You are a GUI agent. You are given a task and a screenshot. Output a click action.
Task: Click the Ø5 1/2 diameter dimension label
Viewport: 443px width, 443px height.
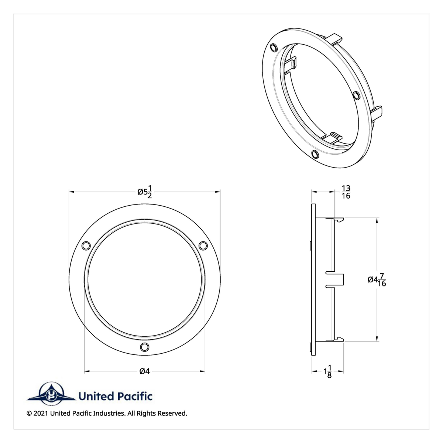coord(145,192)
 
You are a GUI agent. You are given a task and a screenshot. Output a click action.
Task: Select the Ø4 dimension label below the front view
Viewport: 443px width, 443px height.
coord(144,371)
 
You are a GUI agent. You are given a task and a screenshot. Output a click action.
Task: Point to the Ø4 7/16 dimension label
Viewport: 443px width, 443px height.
coord(377,280)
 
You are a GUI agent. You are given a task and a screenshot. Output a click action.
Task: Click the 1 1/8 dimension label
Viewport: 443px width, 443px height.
coord(327,371)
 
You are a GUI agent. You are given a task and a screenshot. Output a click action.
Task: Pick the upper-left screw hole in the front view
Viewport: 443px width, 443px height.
coord(86,245)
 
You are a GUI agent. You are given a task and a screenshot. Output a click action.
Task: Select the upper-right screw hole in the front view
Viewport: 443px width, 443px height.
coord(203,245)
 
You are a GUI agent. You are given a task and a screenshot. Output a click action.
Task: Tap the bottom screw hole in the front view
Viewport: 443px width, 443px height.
coord(145,347)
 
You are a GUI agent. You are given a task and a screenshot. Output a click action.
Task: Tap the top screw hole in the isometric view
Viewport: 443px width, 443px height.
coord(274,48)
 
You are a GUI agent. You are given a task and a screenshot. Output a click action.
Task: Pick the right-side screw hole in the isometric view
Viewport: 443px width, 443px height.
coord(356,96)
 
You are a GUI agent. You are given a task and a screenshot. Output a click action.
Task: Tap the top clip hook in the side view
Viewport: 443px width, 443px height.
coord(339,220)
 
